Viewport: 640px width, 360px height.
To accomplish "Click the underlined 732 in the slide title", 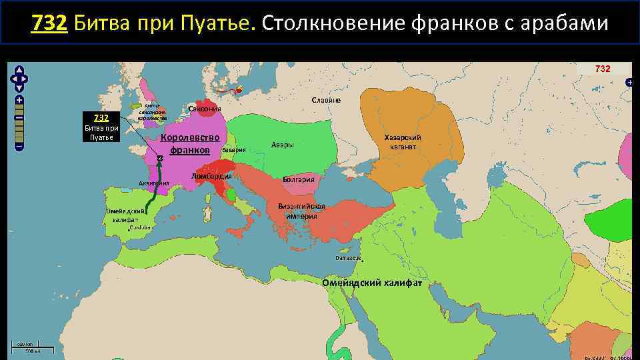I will pyautogui.click(x=49, y=24).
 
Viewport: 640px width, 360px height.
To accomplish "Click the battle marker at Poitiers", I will pyautogui.click(x=160, y=158).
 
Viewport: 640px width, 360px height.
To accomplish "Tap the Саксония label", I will pyautogui.click(x=205, y=109).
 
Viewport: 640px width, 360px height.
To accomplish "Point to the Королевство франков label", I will pyautogui.click(x=190, y=143).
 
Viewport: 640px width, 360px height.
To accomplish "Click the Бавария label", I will pyautogui.click(x=234, y=151).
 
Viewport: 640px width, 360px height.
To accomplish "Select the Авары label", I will pyautogui.click(x=283, y=145).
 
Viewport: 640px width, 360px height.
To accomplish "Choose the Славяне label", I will pyautogui.click(x=326, y=100).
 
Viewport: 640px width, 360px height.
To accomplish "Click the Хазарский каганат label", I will pyautogui.click(x=403, y=141).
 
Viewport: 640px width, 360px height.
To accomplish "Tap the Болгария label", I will pyautogui.click(x=303, y=179).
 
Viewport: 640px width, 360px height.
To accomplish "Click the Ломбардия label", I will pyautogui.click(x=211, y=176).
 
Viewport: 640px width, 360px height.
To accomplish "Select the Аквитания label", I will pyautogui.click(x=154, y=183).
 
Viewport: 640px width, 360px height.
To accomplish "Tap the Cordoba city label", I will pyautogui.click(x=141, y=227).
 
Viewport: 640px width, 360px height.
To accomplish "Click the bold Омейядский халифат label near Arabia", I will pyautogui.click(x=372, y=283).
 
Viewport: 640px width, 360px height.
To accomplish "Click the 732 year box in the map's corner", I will pyautogui.click(x=602, y=69).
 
